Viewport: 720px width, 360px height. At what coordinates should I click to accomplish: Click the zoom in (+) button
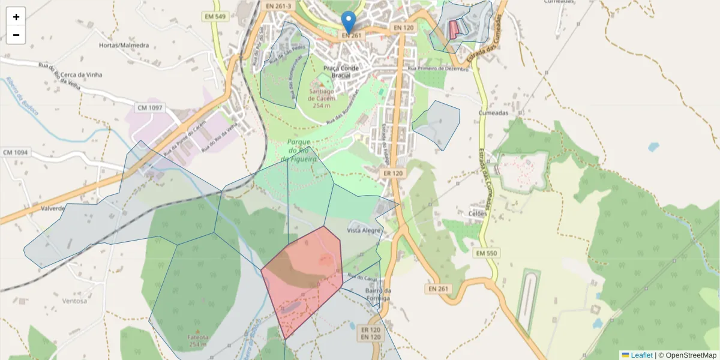pos(16,17)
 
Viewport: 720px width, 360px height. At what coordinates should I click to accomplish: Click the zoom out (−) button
pos(16,35)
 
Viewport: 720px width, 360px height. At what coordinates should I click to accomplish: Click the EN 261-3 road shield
pos(278,5)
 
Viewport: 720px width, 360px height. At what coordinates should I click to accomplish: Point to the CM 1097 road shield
pos(149,108)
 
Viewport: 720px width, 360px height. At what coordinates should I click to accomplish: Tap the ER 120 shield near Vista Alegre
pos(394,173)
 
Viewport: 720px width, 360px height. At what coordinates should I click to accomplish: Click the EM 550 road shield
pos(487,253)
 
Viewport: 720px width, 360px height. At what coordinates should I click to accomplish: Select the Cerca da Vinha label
pos(82,75)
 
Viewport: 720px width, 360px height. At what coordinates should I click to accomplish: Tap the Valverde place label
pos(52,209)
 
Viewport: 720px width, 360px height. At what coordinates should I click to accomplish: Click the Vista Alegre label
pos(364,230)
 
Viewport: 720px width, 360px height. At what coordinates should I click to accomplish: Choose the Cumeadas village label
pos(494,113)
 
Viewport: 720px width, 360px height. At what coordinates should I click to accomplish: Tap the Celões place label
pos(478,213)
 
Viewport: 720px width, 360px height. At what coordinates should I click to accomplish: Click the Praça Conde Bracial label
pos(341,72)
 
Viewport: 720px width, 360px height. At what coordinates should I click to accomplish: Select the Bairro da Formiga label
pos(378,295)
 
